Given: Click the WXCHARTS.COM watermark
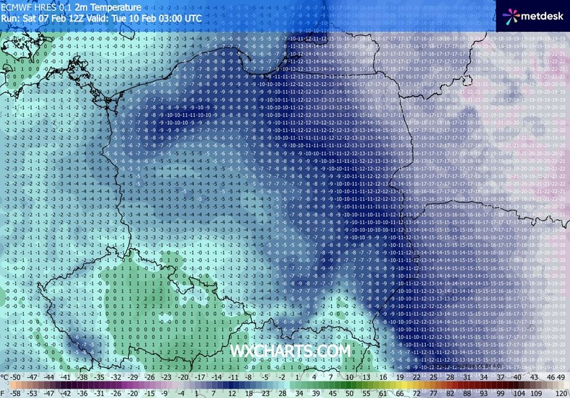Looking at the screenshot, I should coord(291,351).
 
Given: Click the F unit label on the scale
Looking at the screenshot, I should coord(5,393).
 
